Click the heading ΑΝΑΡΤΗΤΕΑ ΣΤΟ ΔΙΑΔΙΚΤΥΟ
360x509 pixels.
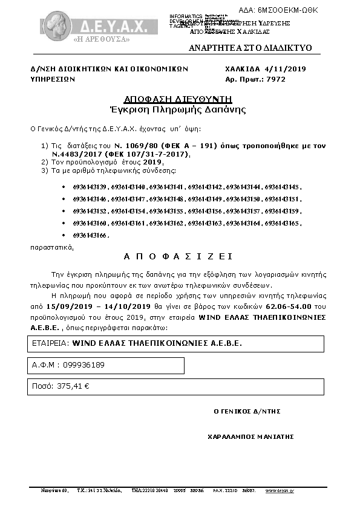pyautogui.click(x=250, y=47)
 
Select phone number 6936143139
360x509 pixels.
pyautogui.click(x=90, y=187)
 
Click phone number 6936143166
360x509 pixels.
pyautogui.click(x=90, y=235)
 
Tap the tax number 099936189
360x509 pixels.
pyautogui.click(x=85, y=365)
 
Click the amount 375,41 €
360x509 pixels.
pyautogui.click(x=72, y=386)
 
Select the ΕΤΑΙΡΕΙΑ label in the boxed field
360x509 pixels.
pyautogui.click(x=50, y=343)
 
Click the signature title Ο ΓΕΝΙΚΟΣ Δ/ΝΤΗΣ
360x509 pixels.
pyautogui.click(x=247, y=411)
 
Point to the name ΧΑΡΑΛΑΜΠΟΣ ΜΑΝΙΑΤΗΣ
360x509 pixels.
pyautogui.click(x=250, y=436)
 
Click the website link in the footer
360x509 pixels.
pyautogui.click(x=280, y=491)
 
